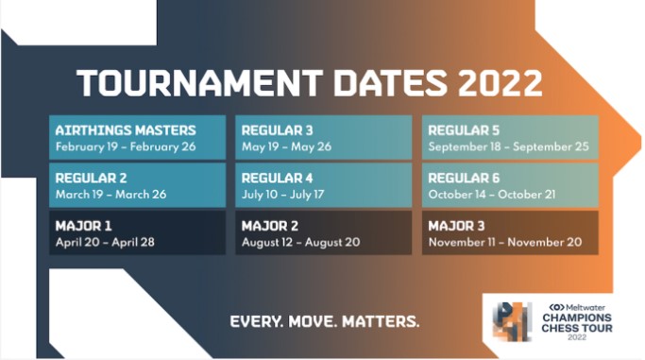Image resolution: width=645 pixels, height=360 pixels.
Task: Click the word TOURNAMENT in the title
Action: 199,83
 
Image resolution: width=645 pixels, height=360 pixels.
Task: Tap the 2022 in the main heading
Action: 500,83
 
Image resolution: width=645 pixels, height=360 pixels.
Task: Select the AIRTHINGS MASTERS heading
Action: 126,130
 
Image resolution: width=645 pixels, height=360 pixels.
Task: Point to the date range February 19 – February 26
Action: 126,146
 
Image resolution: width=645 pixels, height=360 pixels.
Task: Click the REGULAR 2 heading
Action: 91,179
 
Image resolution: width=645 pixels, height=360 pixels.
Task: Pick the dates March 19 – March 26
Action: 111,195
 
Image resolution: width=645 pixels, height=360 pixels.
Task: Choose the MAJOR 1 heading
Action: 83,226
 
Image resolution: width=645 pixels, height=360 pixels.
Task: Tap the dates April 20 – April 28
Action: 105,242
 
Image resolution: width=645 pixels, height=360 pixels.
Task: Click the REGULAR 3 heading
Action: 278,130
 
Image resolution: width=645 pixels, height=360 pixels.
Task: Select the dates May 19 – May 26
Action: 287,146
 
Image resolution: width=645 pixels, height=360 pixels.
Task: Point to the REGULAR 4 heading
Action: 278,179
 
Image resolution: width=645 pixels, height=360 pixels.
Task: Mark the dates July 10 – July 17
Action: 283,195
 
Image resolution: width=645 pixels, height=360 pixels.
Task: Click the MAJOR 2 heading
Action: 270,226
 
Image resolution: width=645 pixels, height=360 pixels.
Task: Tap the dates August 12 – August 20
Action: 300,242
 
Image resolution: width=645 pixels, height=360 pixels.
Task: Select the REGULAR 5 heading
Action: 464,130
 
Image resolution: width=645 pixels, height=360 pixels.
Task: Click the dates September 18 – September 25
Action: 508,146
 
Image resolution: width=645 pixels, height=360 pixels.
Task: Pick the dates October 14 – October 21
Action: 492,195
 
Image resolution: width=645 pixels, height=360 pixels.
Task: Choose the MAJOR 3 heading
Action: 457,226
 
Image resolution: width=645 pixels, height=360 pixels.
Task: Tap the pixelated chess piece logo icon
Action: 512,321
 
